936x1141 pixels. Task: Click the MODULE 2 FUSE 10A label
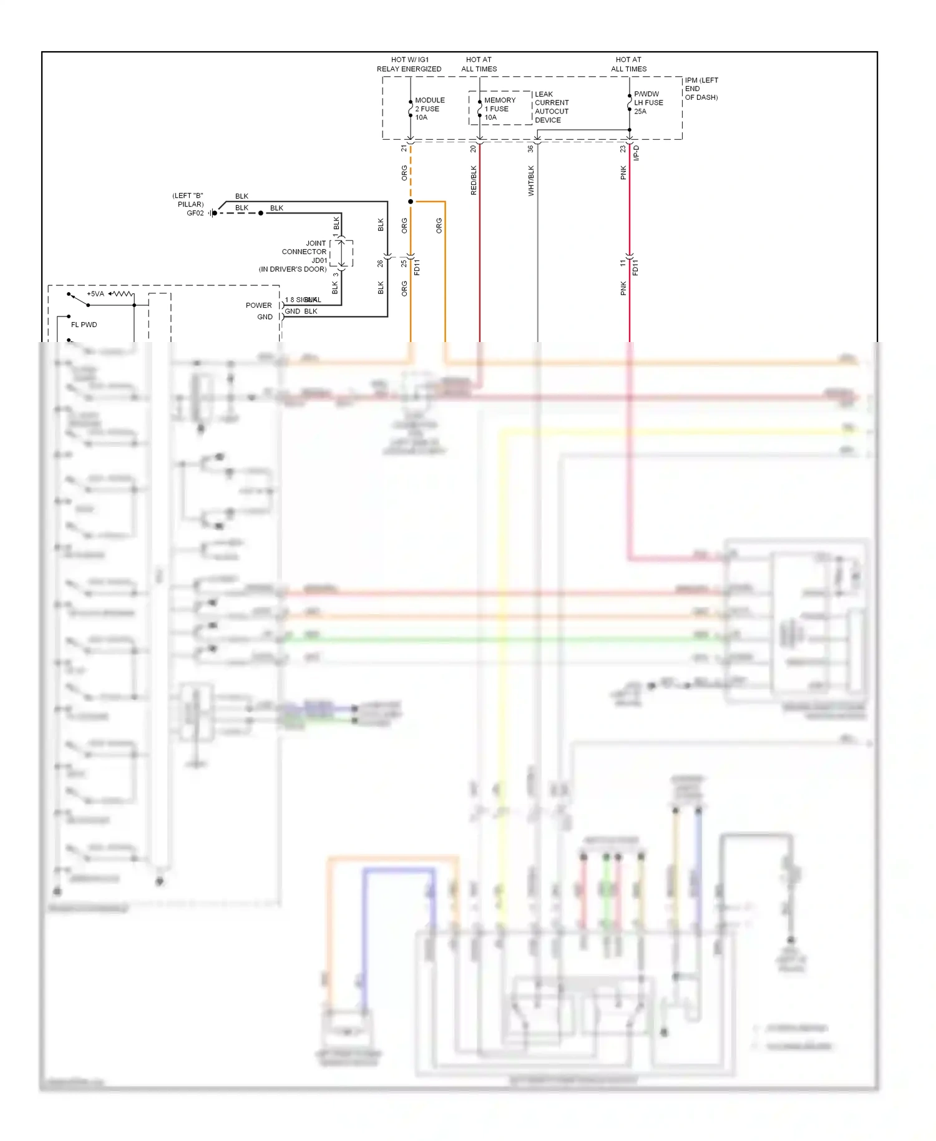pos(429,109)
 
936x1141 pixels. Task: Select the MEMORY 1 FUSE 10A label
pos(499,109)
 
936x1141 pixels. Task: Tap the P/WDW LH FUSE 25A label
pos(648,102)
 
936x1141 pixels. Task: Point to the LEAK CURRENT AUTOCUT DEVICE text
pos(552,107)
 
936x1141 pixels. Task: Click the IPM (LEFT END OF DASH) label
pos(701,89)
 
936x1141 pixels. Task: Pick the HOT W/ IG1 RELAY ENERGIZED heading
pos(409,64)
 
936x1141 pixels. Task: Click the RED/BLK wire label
pos(474,180)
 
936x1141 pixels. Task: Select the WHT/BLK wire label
pos(531,180)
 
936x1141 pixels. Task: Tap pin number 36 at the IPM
pos(530,149)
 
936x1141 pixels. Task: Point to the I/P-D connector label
pos(636,153)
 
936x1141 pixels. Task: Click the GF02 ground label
pos(195,213)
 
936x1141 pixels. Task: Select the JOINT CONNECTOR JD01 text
pos(305,252)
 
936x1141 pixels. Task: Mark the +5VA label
pos(95,294)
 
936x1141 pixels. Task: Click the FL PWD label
pos(84,325)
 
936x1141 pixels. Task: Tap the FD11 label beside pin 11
pos(636,267)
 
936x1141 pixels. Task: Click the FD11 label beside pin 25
pos(417,267)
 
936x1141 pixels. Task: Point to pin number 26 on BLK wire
pos(380,263)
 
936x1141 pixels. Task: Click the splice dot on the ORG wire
pos(411,202)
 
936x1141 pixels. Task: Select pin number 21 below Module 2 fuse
pos(404,149)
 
